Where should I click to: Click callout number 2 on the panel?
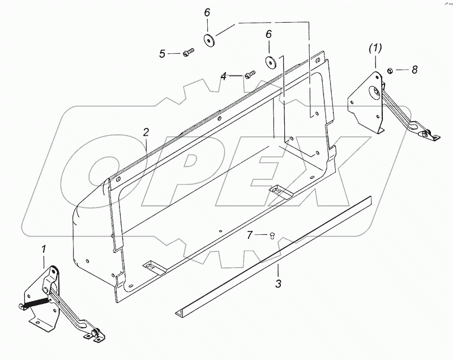pyautogui.click(x=146, y=132)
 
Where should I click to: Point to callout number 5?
pyautogui.click(x=162, y=54)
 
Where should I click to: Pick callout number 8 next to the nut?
pyautogui.click(x=414, y=70)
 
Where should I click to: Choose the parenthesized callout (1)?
pyautogui.click(x=374, y=48)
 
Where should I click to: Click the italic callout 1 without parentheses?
pyautogui.click(x=44, y=248)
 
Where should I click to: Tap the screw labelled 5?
pyautogui.click(x=189, y=53)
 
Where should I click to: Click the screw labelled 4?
pyautogui.click(x=250, y=74)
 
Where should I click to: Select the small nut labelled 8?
pyautogui.click(x=390, y=70)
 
